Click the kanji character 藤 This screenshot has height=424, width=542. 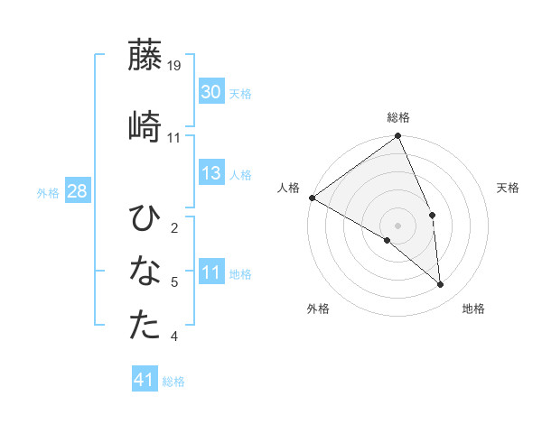tap(145, 56)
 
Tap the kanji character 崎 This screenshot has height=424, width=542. tap(145, 125)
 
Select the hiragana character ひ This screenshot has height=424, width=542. tap(145, 218)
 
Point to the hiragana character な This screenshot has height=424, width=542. tap(145, 272)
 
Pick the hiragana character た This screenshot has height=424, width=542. tap(145, 326)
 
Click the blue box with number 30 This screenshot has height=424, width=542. tap(210, 92)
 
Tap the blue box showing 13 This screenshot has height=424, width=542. tap(210, 173)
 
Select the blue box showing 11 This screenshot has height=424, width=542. tap(210, 273)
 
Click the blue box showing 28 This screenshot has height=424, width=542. tap(77, 191)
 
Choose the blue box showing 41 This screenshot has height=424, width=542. tap(145, 381)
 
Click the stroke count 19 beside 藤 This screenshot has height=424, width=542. tap(174, 65)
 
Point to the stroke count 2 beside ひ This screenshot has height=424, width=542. tap(174, 227)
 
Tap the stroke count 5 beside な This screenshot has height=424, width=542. tap(174, 282)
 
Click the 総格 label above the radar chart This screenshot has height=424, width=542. tap(398, 117)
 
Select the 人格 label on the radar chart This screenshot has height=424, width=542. tap(289, 188)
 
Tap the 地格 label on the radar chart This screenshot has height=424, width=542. tap(473, 309)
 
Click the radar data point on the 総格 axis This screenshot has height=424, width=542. tap(398, 137)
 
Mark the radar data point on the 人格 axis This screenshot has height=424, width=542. tap(312, 198)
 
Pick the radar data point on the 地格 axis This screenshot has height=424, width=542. tap(441, 285)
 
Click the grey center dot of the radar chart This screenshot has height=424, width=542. tap(398, 225)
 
